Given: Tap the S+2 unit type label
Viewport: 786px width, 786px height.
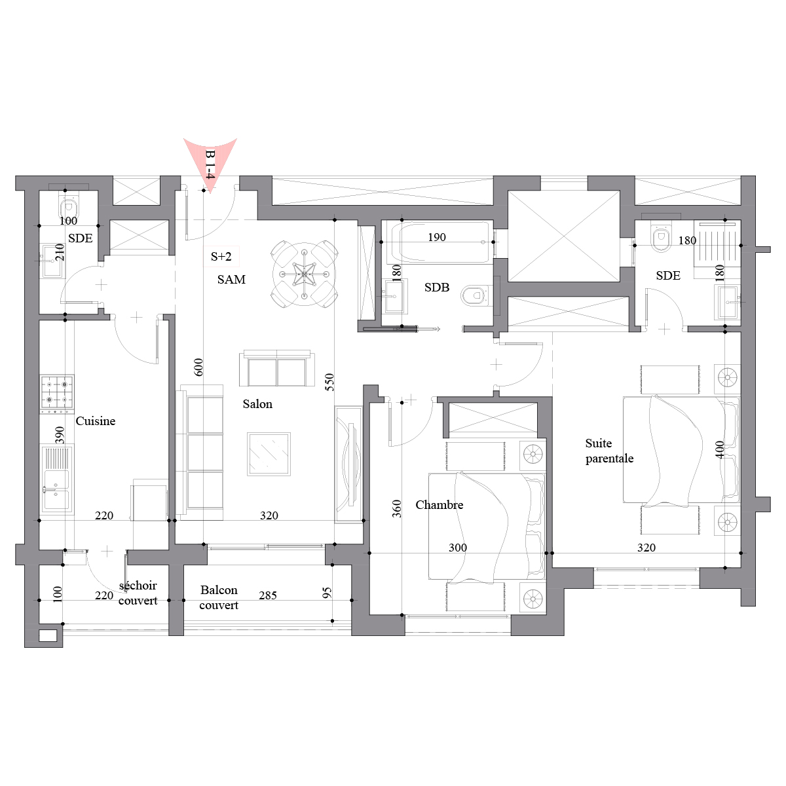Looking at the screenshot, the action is tap(221, 257).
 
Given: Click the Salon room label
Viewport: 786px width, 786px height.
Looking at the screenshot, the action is tap(257, 404).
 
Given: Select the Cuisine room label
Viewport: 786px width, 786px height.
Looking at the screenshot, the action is tap(96, 421).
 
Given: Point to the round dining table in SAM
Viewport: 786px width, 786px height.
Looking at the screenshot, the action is tap(305, 274).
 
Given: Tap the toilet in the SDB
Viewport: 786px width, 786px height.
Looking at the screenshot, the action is tap(474, 295).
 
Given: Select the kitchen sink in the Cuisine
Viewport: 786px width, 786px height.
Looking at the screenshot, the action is tap(57, 479).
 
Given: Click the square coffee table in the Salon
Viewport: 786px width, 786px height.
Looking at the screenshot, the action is tap(269, 454).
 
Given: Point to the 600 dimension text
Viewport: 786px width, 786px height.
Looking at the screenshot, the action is tap(198, 367).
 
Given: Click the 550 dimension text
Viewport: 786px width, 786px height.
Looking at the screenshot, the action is tap(329, 382).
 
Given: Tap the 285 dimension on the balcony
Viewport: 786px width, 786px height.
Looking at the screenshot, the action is tap(268, 595).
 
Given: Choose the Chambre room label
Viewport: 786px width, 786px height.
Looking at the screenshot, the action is tap(440, 505).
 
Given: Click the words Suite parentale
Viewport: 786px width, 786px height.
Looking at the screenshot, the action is tap(609, 451).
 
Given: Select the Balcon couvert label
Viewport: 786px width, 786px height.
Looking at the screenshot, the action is tap(219, 597).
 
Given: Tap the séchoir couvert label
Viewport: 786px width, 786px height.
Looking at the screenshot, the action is tap(138, 593).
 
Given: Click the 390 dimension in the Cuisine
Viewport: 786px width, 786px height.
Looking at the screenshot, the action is tap(60, 435).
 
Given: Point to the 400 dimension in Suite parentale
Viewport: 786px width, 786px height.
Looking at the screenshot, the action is tap(719, 449).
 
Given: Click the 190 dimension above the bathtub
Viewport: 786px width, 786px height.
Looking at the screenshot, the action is tap(437, 237).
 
